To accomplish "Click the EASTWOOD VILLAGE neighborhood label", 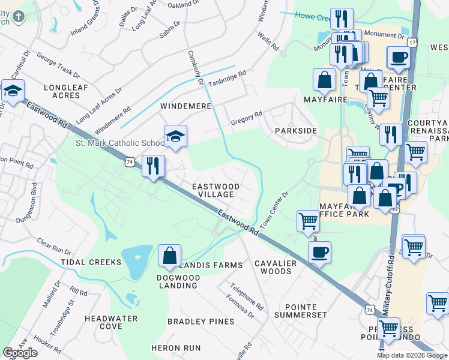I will coord(215,191).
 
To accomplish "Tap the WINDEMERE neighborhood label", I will coord(185,106).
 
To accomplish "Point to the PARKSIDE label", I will coord(295,130).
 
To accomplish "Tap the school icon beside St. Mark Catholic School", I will coord(175,137).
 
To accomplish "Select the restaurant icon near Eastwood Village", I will coord(153,165).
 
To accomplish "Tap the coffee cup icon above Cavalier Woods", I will coord(320,251).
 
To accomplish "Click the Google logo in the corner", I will coord(20,353).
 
